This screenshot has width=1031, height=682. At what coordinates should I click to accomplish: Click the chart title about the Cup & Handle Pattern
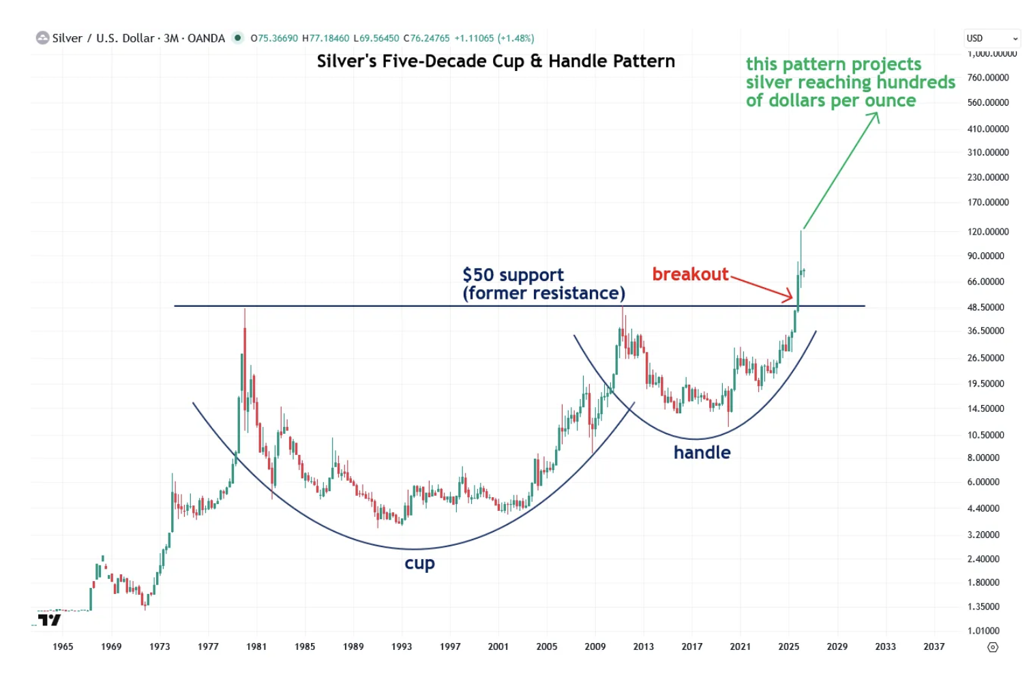click(496, 61)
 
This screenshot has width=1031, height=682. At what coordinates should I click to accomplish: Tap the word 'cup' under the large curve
click(419, 563)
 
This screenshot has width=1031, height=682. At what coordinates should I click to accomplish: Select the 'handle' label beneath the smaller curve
click(702, 452)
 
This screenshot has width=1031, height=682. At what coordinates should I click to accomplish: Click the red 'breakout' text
click(690, 274)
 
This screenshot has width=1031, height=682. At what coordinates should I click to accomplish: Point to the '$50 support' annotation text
click(513, 275)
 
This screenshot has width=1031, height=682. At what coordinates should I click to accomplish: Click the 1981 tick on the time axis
click(256, 647)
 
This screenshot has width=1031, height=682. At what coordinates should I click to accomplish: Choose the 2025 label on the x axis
click(788, 647)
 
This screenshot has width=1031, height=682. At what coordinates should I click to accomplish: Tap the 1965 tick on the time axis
click(63, 647)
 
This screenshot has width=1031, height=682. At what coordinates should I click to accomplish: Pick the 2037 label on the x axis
click(933, 647)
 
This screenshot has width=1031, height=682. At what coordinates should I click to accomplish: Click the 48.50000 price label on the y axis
click(985, 308)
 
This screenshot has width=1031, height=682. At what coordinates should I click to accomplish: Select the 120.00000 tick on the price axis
click(987, 232)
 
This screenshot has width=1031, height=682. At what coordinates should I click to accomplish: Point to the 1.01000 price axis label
click(983, 631)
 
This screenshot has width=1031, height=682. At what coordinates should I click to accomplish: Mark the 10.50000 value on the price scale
click(985, 435)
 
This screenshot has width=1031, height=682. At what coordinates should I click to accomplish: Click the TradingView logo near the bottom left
click(49, 620)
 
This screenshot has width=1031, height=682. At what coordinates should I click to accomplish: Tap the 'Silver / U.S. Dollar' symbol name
click(103, 38)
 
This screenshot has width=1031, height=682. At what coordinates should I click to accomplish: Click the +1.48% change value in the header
click(515, 38)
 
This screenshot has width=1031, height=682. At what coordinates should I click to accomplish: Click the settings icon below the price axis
click(993, 647)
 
